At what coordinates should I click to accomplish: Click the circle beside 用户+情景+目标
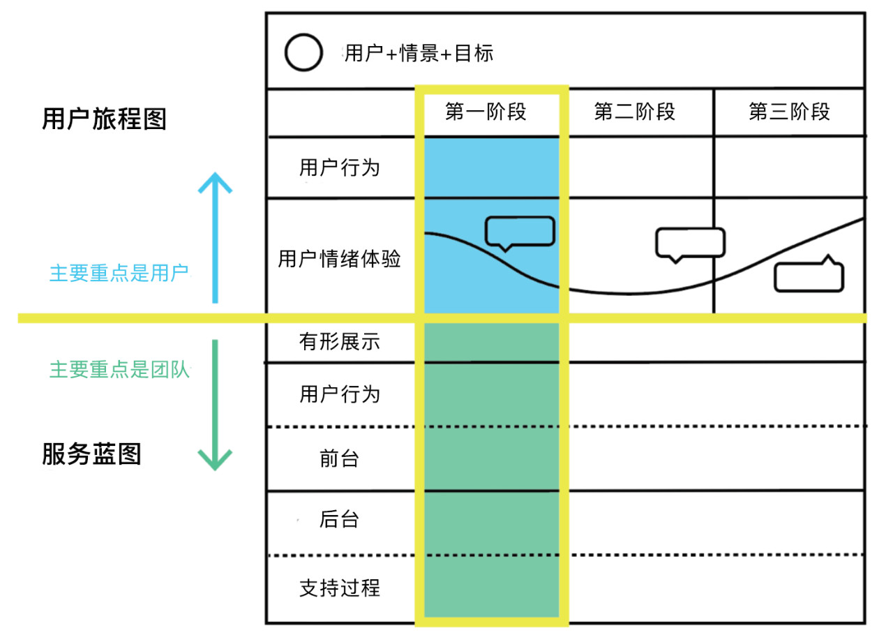click(x=303, y=52)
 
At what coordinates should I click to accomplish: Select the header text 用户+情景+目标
click(x=419, y=54)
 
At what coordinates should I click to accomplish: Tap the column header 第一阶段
click(x=486, y=111)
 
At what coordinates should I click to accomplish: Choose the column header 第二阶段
click(x=635, y=111)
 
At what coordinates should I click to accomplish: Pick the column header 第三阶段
click(x=789, y=111)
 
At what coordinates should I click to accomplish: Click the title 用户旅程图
click(x=104, y=119)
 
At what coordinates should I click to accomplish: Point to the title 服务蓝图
click(x=91, y=454)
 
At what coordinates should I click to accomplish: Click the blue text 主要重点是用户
click(x=119, y=274)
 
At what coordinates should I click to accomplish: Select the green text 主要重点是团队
click(x=119, y=369)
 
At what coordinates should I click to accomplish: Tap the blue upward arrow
click(x=216, y=238)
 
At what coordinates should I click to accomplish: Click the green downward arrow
click(x=216, y=405)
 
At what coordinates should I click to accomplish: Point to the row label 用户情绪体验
click(x=339, y=259)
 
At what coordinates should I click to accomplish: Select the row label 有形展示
click(x=340, y=342)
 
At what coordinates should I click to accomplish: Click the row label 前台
click(x=339, y=458)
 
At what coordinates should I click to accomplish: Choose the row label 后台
click(x=339, y=519)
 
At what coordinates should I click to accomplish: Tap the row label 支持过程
click(x=340, y=588)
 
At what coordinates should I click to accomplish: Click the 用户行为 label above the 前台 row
click(x=340, y=394)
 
